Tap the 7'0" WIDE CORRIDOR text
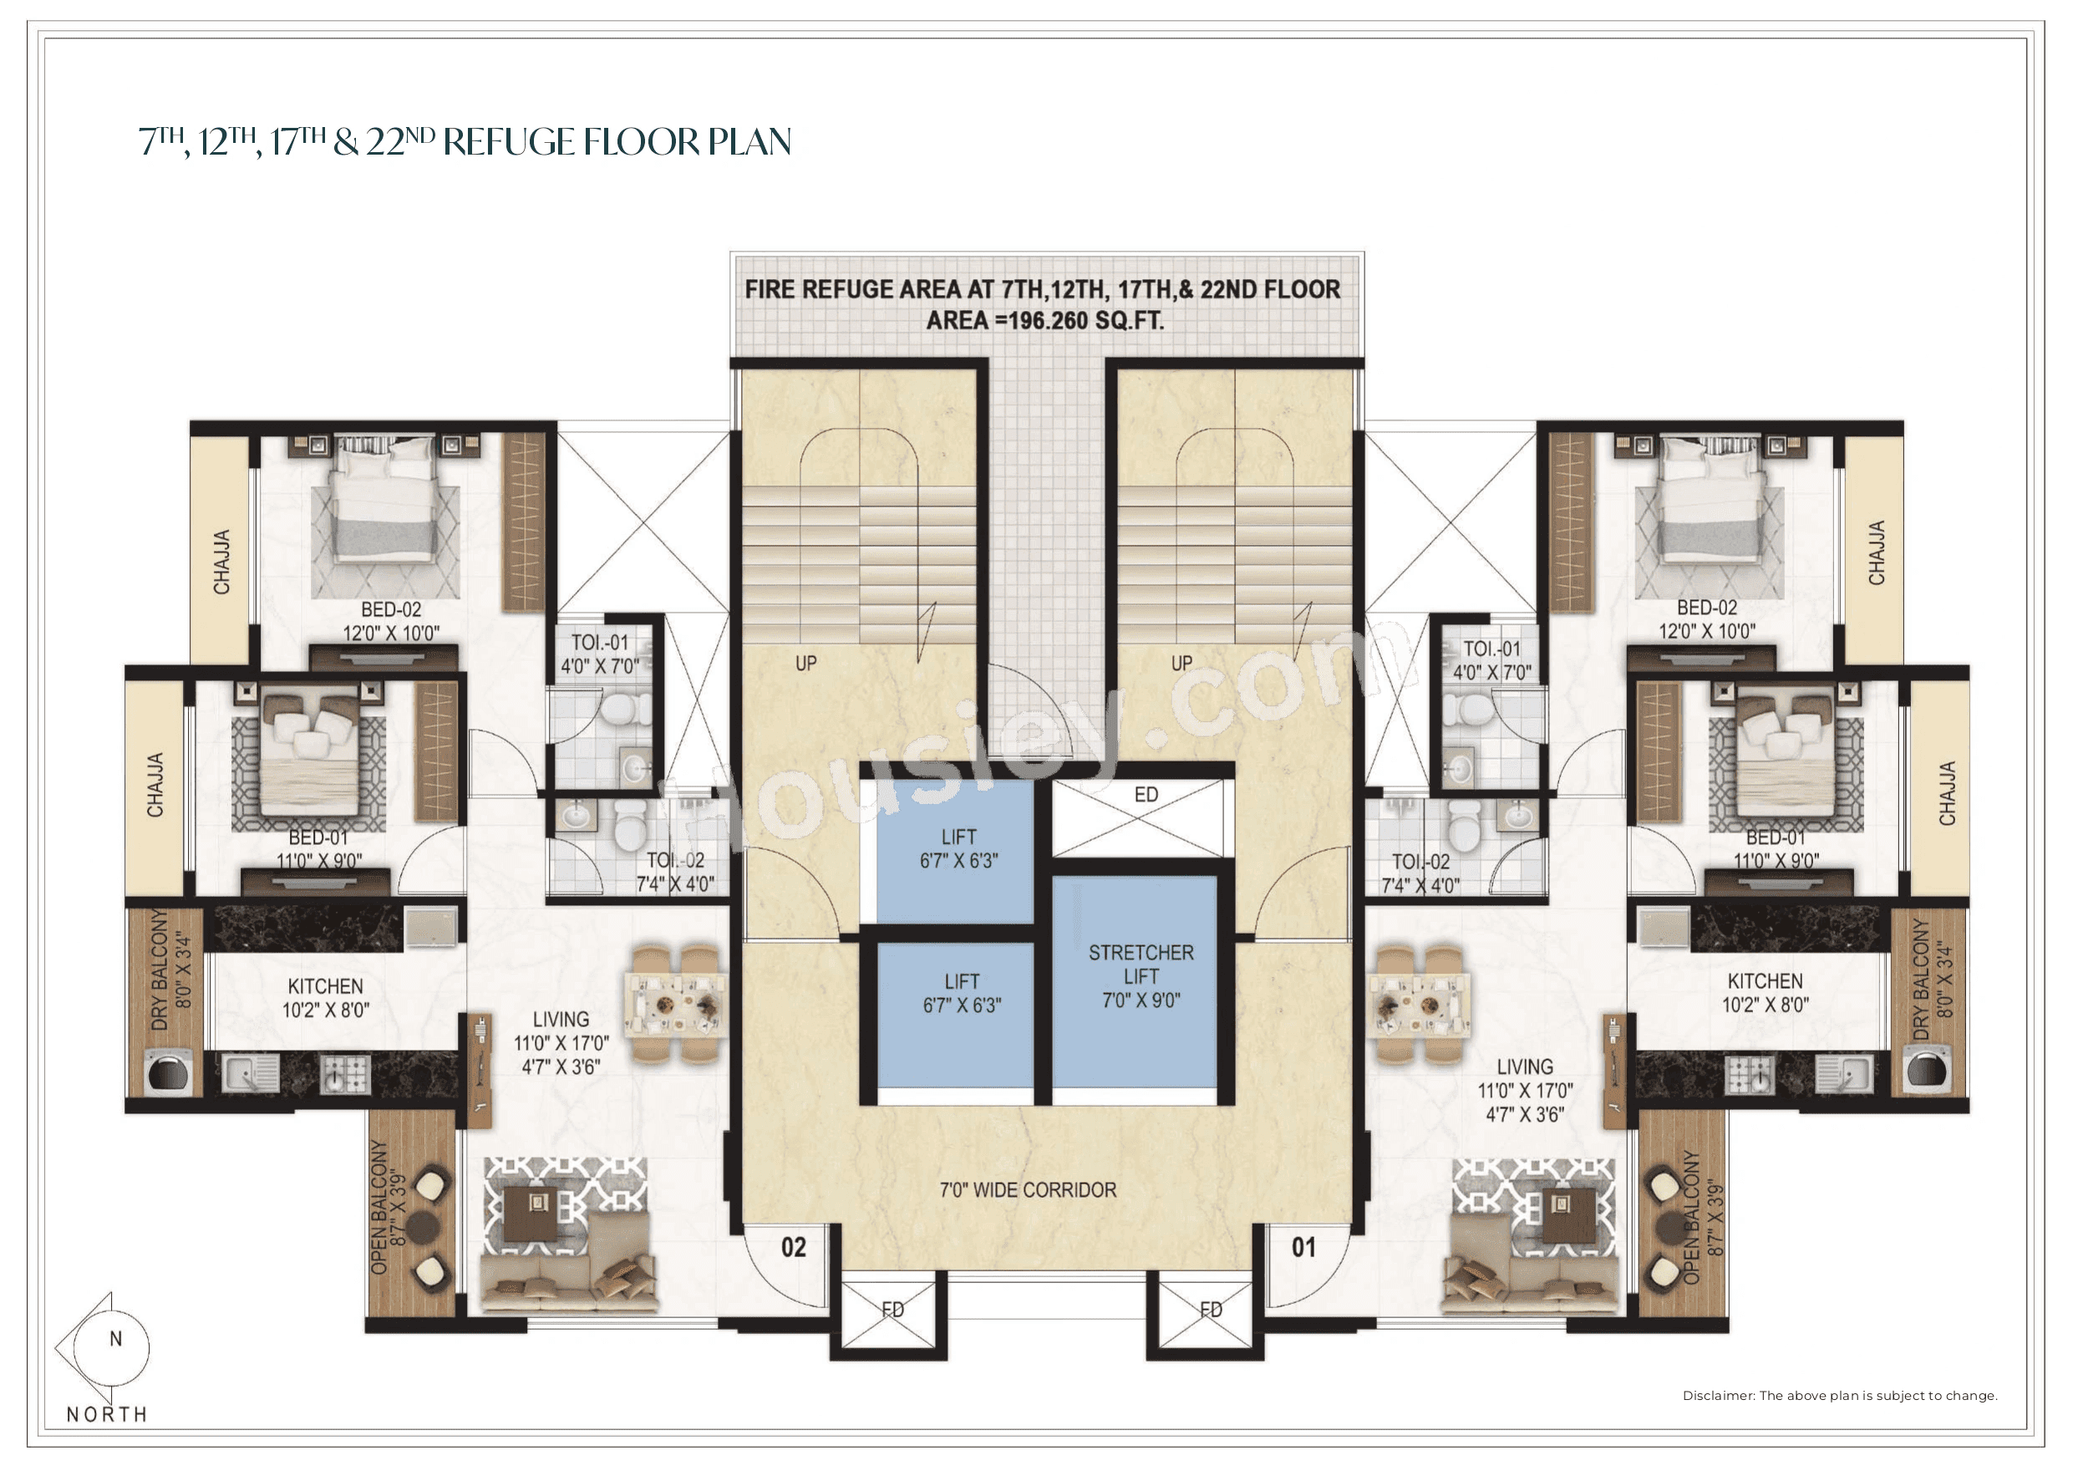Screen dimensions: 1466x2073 click(x=1028, y=1189)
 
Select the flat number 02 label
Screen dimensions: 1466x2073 click(x=793, y=1247)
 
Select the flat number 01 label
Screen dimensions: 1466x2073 click(x=1303, y=1247)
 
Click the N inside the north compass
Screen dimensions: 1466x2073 click(x=115, y=1339)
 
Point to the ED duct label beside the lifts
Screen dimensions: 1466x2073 click(x=1146, y=795)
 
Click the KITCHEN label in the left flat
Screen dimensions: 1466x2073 click(x=325, y=986)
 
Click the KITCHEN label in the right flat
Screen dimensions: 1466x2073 click(x=1764, y=981)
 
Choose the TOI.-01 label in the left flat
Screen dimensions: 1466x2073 click(x=600, y=643)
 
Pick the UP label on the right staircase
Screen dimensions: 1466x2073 click(x=1181, y=663)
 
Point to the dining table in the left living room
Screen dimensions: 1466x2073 click(x=675, y=1004)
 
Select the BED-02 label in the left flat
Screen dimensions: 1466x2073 click(x=391, y=609)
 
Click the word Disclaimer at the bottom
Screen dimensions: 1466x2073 click(x=1717, y=1396)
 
